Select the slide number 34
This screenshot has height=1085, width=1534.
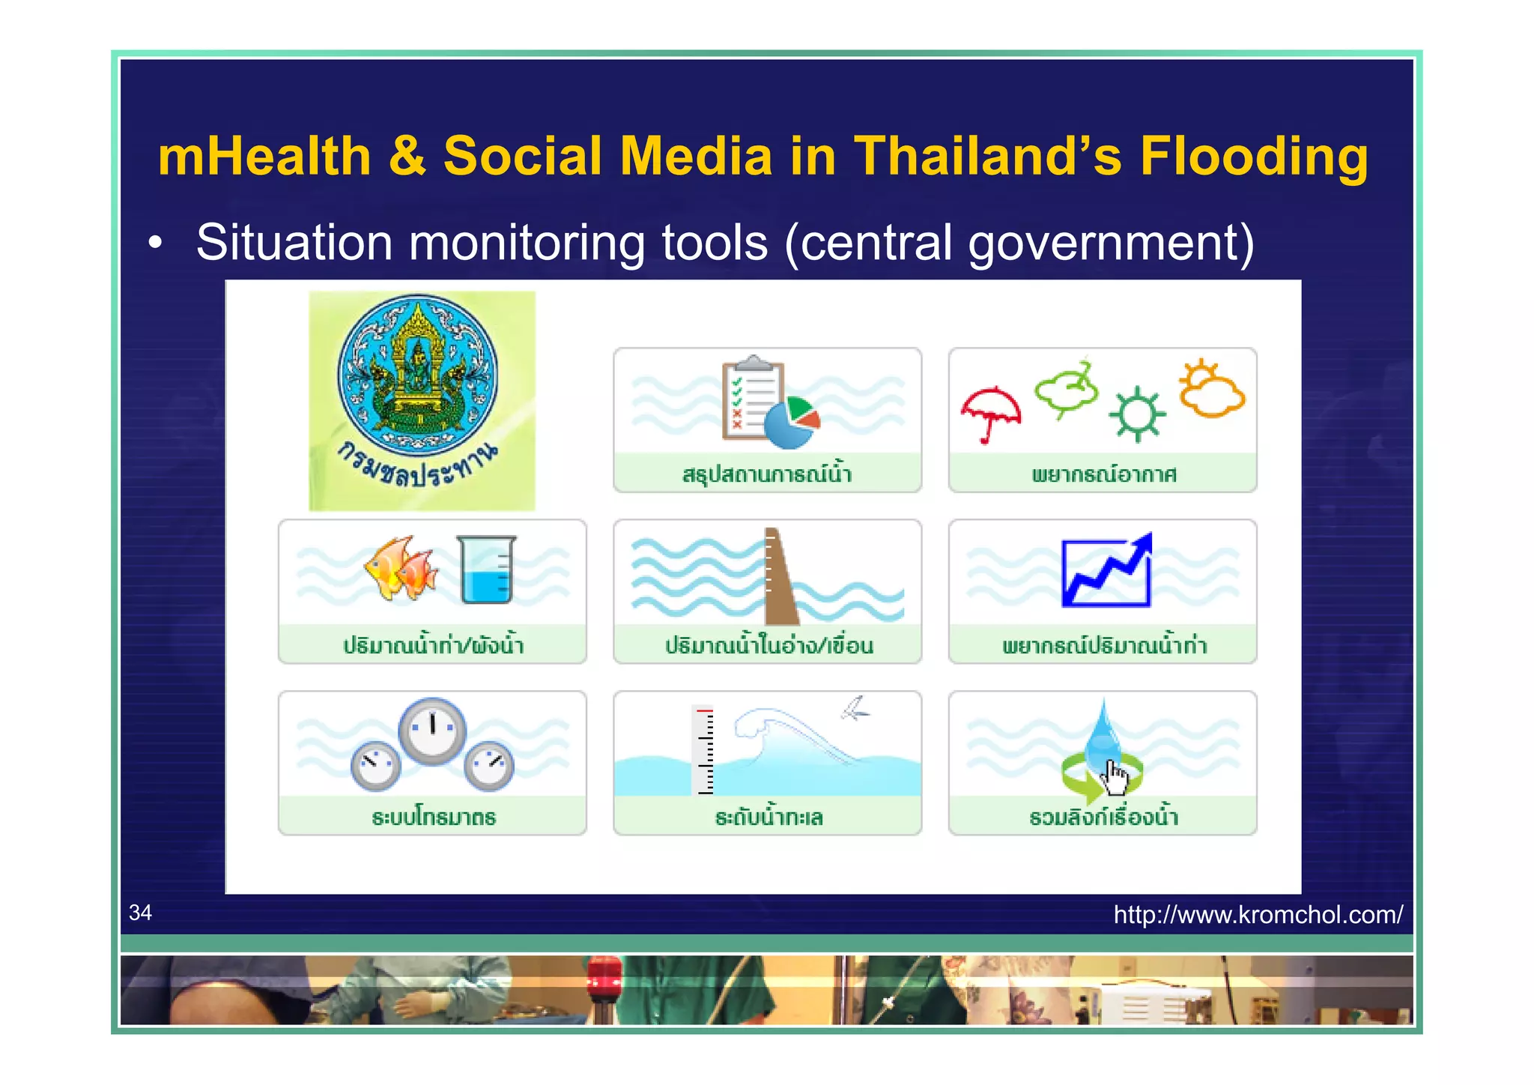click(x=140, y=913)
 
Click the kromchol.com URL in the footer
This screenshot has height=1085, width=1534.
click(x=1258, y=915)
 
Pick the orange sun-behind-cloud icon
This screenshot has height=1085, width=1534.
click(x=1210, y=389)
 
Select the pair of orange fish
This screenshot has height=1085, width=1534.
click(x=401, y=568)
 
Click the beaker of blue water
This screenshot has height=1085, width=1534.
click(x=485, y=569)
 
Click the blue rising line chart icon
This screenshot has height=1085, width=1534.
click(x=1106, y=571)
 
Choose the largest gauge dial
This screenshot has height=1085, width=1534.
click(x=432, y=731)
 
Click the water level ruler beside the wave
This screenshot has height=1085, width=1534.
click(x=704, y=749)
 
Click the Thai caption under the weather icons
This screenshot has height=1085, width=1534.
click(x=1103, y=474)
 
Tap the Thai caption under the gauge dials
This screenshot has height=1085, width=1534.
click(x=434, y=817)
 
